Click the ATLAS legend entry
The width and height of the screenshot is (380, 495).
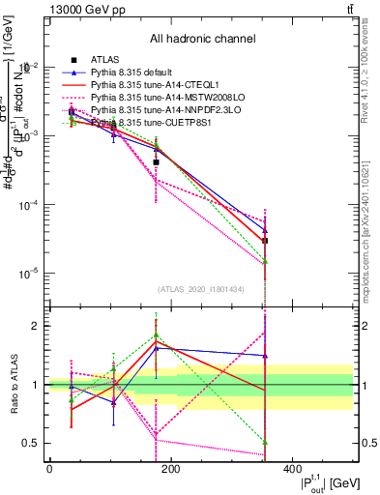pos(106,61)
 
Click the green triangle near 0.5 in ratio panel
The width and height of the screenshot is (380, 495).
pos(265,442)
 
